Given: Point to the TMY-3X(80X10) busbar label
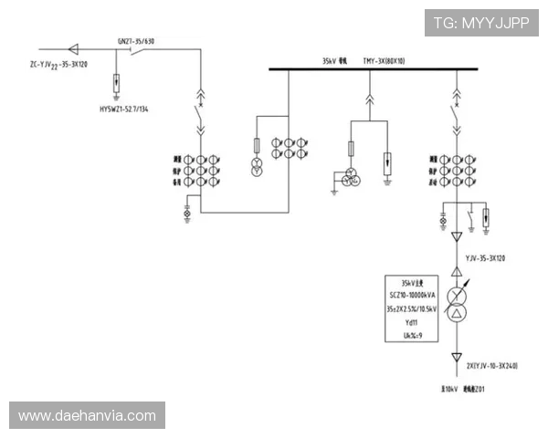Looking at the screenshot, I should [384, 61].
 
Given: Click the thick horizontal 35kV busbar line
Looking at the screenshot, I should [384, 70].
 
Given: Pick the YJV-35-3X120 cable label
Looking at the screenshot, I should [485, 258].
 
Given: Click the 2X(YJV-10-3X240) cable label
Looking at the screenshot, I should [492, 366].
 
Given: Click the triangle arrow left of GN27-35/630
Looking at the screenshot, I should [75, 48].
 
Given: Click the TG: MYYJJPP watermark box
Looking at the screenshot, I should [480, 23].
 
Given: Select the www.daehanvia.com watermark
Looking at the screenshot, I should [88, 416].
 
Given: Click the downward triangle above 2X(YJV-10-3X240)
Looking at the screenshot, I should [455, 358].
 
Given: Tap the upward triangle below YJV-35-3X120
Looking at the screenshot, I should [455, 273].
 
